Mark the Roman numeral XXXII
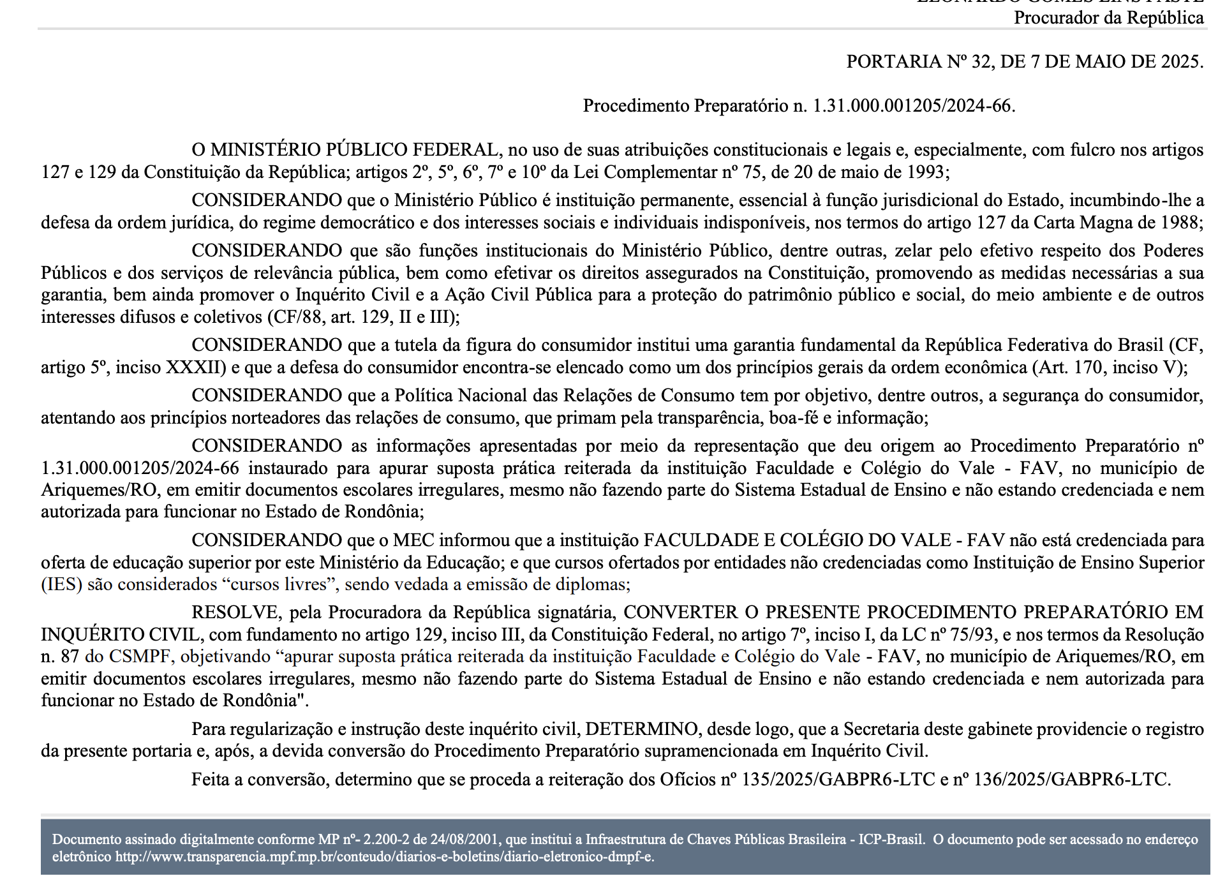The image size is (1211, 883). [x=196, y=367]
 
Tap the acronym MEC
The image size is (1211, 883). [x=413, y=540]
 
